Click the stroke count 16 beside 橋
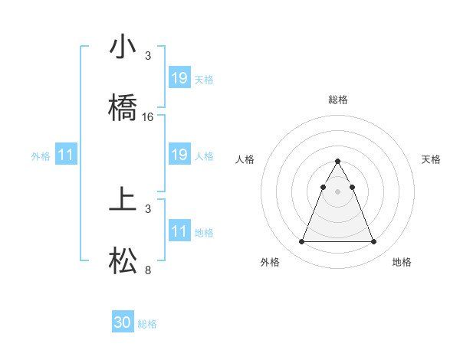tap(148, 117)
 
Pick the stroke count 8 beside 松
tap(148, 270)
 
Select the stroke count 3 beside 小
tap(148, 56)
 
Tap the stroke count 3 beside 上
tap(148, 209)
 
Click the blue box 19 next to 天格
tap(179, 78)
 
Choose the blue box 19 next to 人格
tap(179, 155)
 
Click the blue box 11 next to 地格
tap(179, 231)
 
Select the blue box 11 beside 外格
tap(66, 155)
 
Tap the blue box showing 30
tap(123, 322)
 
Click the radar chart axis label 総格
tap(337, 100)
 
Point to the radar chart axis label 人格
tap(245, 159)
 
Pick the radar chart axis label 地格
tap(402, 262)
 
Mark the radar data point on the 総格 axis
tap(337, 162)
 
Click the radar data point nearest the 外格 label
tap(301, 242)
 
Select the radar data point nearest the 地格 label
tap(373, 242)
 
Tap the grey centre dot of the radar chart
tap(337, 191)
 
